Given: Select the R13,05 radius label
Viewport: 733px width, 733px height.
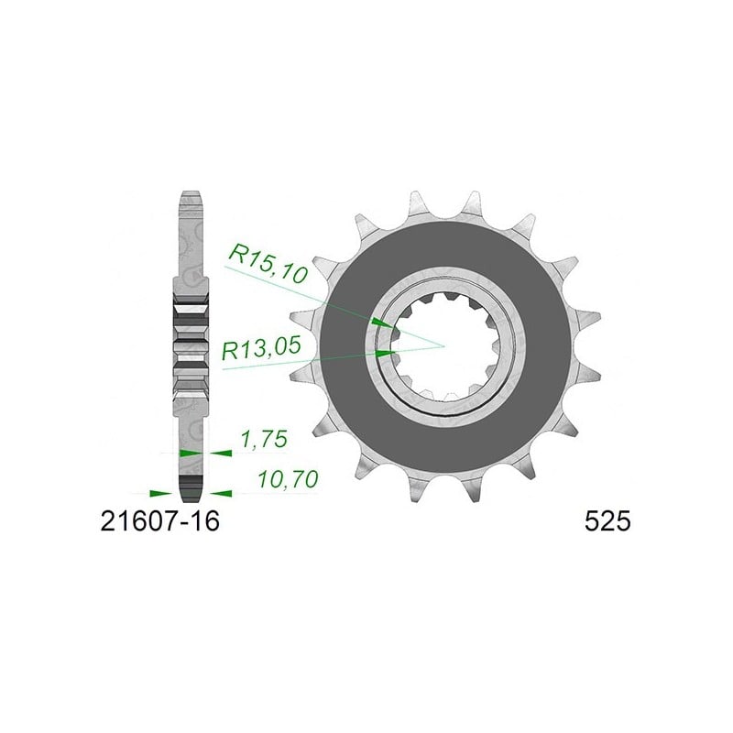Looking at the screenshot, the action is coord(261,348).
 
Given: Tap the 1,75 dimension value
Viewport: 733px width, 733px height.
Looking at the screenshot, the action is coord(264,440).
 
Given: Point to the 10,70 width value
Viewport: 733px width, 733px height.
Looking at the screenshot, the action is coord(289,479).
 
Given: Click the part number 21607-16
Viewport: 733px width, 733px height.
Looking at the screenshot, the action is coord(159,521).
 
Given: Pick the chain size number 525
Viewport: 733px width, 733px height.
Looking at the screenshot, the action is coord(607,521).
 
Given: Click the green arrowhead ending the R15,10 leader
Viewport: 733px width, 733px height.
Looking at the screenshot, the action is coord(383,323).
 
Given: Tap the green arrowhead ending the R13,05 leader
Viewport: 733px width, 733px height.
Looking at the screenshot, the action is coord(385,353).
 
